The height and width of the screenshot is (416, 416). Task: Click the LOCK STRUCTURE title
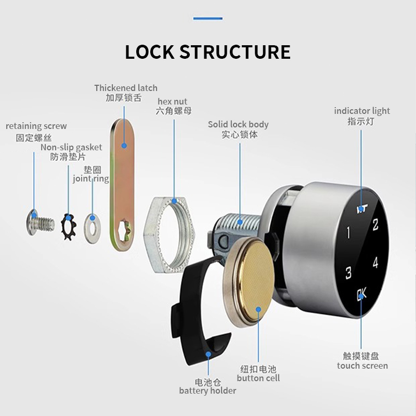click(x=207, y=53)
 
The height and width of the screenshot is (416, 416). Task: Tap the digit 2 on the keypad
click(x=375, y=225)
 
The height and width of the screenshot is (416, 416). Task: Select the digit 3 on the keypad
click(x=348, y=272)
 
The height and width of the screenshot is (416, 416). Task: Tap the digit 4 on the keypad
click(x=375, y=263)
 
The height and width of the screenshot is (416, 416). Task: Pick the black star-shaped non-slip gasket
click(x=69, y=227)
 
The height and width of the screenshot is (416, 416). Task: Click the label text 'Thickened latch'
click(x=125, y=88)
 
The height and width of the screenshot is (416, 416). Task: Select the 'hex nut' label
click(x=172, y=101)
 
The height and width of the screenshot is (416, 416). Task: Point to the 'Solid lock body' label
click(x=238, y=124)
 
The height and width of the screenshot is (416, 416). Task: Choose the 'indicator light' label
click(x=361, y=111)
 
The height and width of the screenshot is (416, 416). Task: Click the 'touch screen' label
click(x=362, y=366)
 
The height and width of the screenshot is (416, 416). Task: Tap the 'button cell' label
click(x=258, y=378)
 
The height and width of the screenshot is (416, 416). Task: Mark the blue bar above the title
click(x=207, y=19)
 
